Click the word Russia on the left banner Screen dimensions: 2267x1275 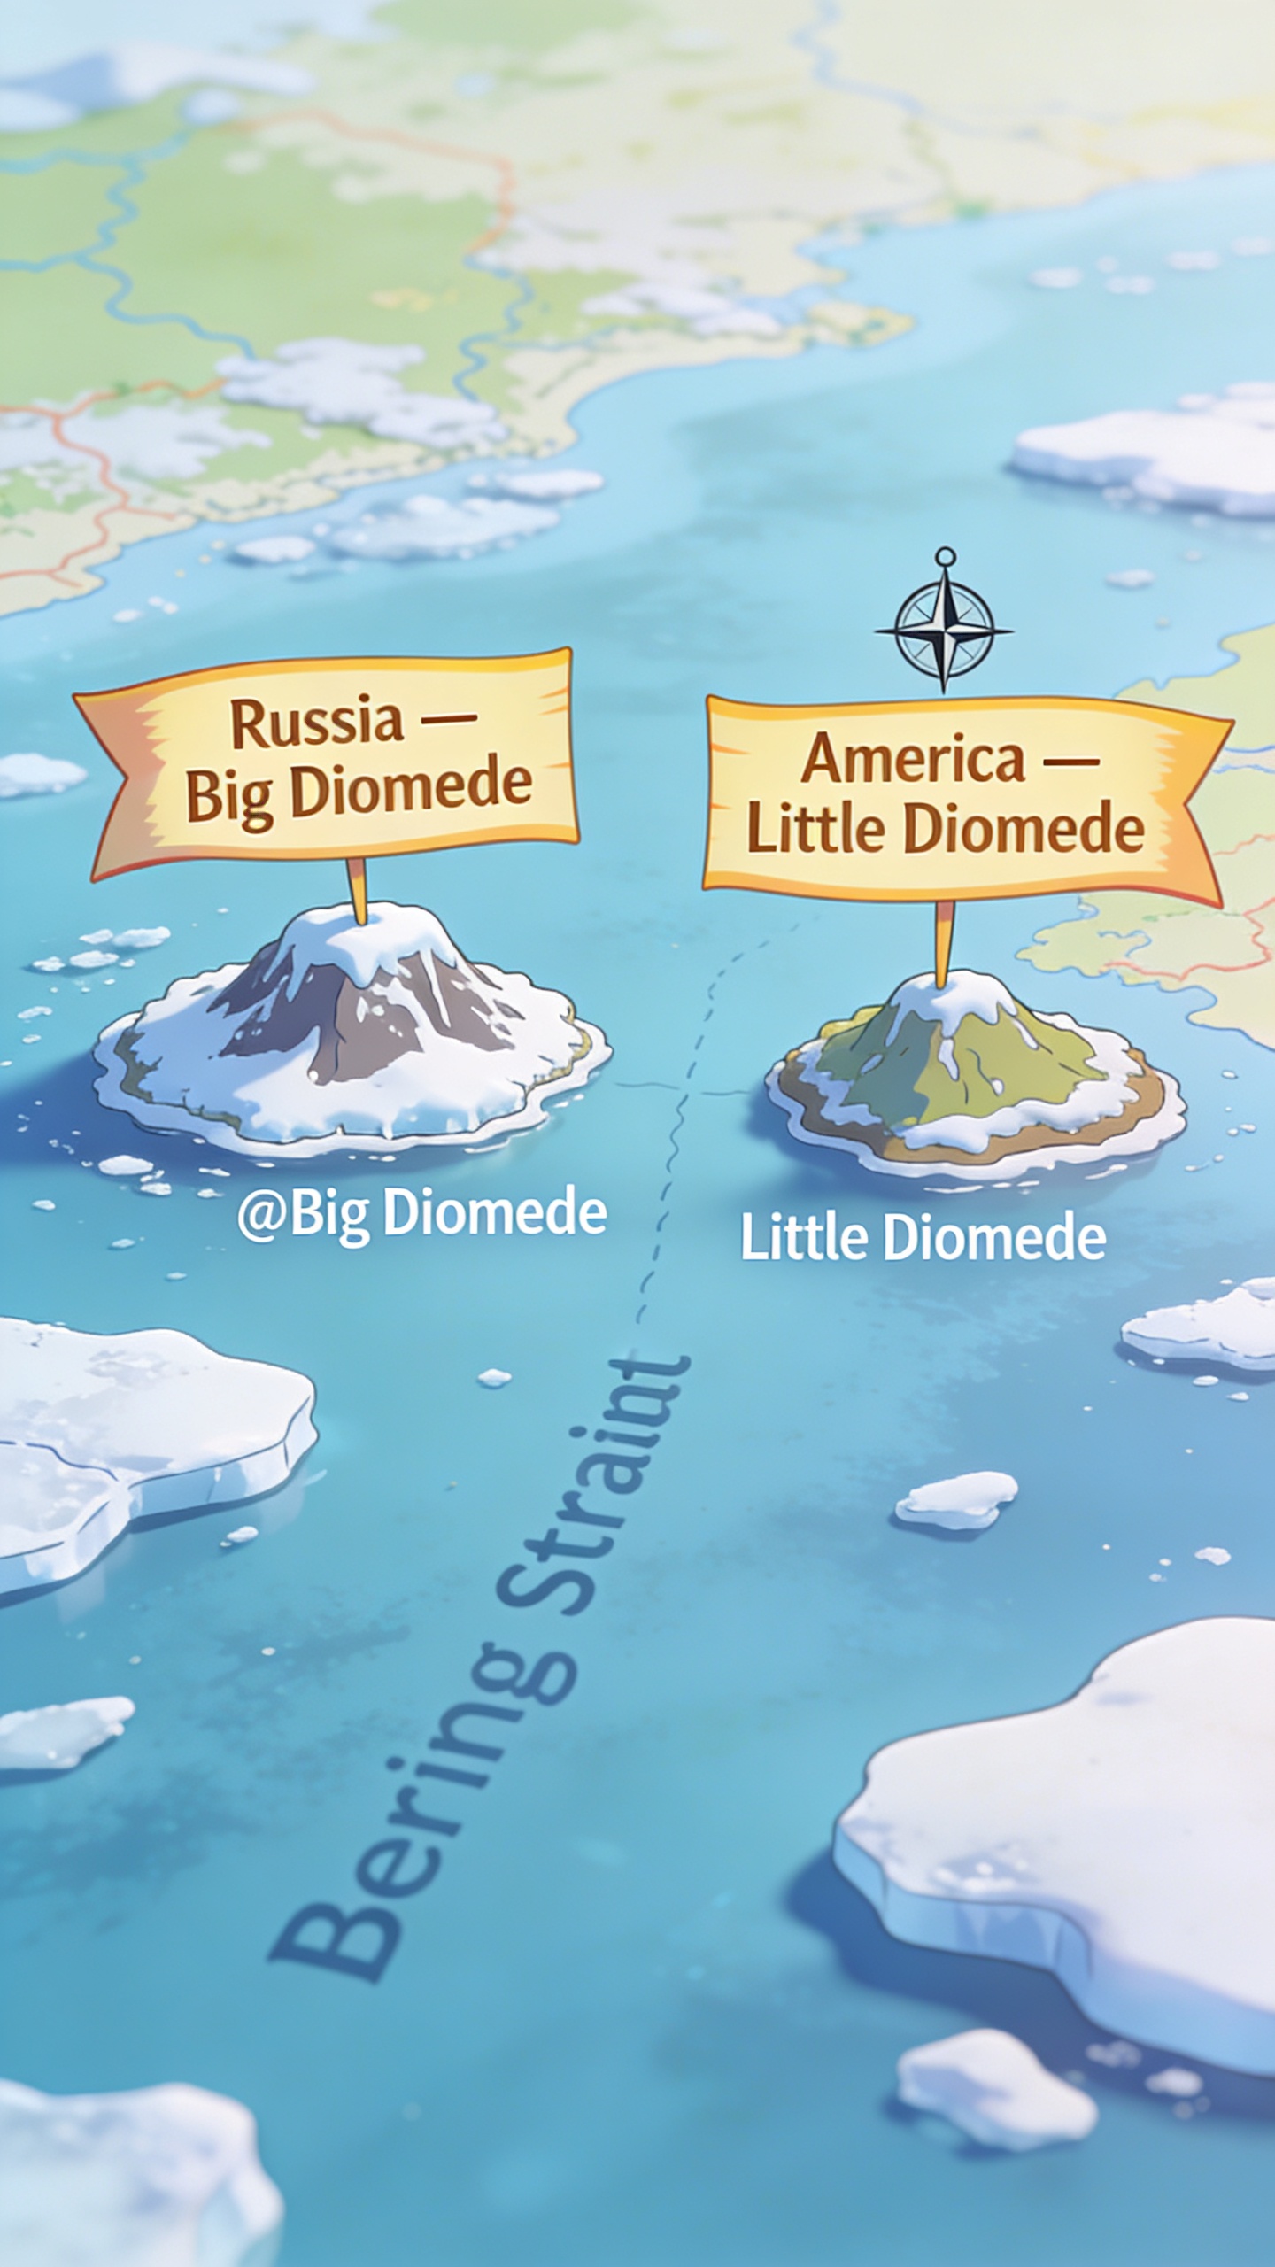click(x=316, y=723)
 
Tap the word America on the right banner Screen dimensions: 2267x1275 click(x=913, y=759)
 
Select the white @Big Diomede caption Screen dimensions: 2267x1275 click(x=421, y=1214)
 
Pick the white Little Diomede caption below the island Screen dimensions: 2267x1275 click(x=923, y=1239)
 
